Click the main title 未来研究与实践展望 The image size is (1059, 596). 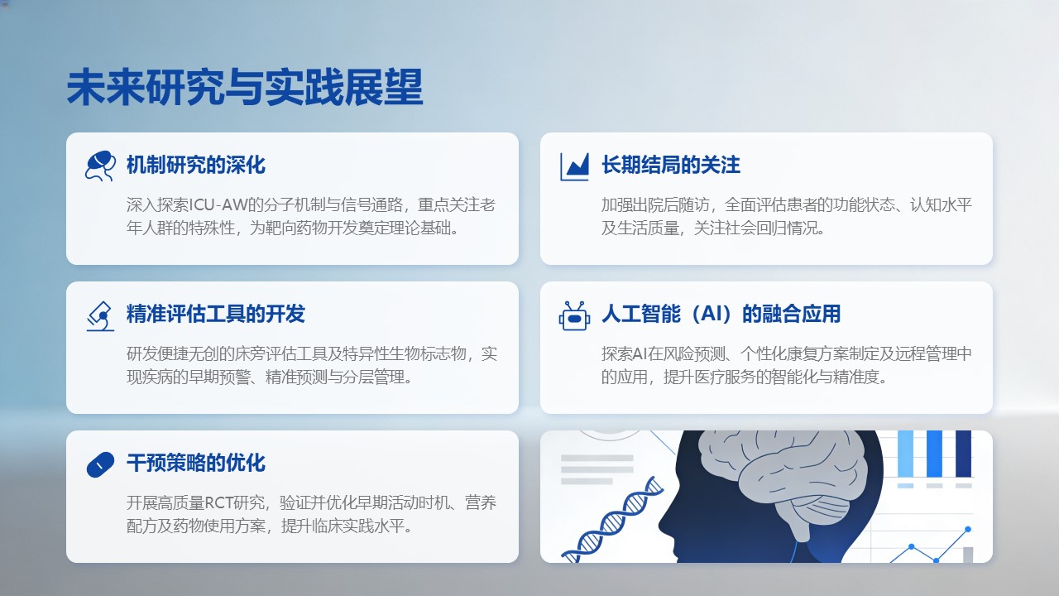click(x=245, y=87)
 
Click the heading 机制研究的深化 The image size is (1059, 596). click(x=196, y=165)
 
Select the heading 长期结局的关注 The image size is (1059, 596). click(x=671, y=165)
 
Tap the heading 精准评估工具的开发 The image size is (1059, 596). click(x=216, y=314)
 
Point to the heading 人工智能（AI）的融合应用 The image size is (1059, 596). click(x=721, y=314)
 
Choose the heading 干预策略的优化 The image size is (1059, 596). click(x=196, y=463)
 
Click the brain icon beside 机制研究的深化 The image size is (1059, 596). click(x=100, y=166)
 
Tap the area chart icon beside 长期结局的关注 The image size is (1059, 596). click(x=574, y=166)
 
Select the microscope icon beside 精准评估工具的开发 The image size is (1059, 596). click(x=100, y=316)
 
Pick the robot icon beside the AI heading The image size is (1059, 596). click(x=574, y=315)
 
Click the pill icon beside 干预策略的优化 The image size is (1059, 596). click(x=100, y=464)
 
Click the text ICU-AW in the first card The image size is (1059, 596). click(x=218, y=204)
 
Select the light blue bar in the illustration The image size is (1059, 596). click(x=905, y=454)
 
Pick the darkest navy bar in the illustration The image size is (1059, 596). click(x=964, y=454)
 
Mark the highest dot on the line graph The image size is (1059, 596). click(x=968, y=529)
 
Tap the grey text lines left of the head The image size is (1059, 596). click(x=597, y=469)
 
